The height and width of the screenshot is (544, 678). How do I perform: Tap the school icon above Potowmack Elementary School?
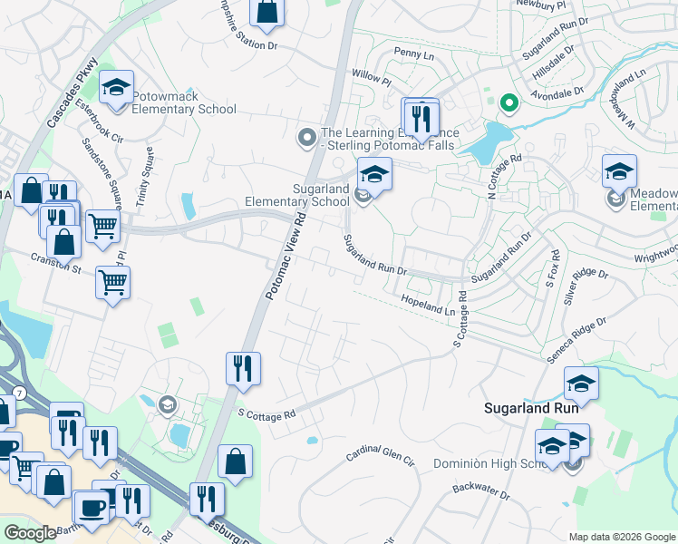[116, 87]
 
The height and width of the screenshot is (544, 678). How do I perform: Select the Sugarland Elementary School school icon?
[374, 173]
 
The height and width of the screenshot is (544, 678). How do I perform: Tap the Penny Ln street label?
[415, 55]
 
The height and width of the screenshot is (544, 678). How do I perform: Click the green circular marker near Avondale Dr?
[508, 104]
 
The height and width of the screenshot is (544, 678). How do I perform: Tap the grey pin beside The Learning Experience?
[306, 139]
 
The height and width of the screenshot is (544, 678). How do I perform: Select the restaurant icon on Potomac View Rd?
[243, 368]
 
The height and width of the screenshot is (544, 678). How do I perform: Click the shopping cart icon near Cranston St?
[112, 281]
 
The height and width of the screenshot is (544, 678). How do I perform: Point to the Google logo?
[30, 533]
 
